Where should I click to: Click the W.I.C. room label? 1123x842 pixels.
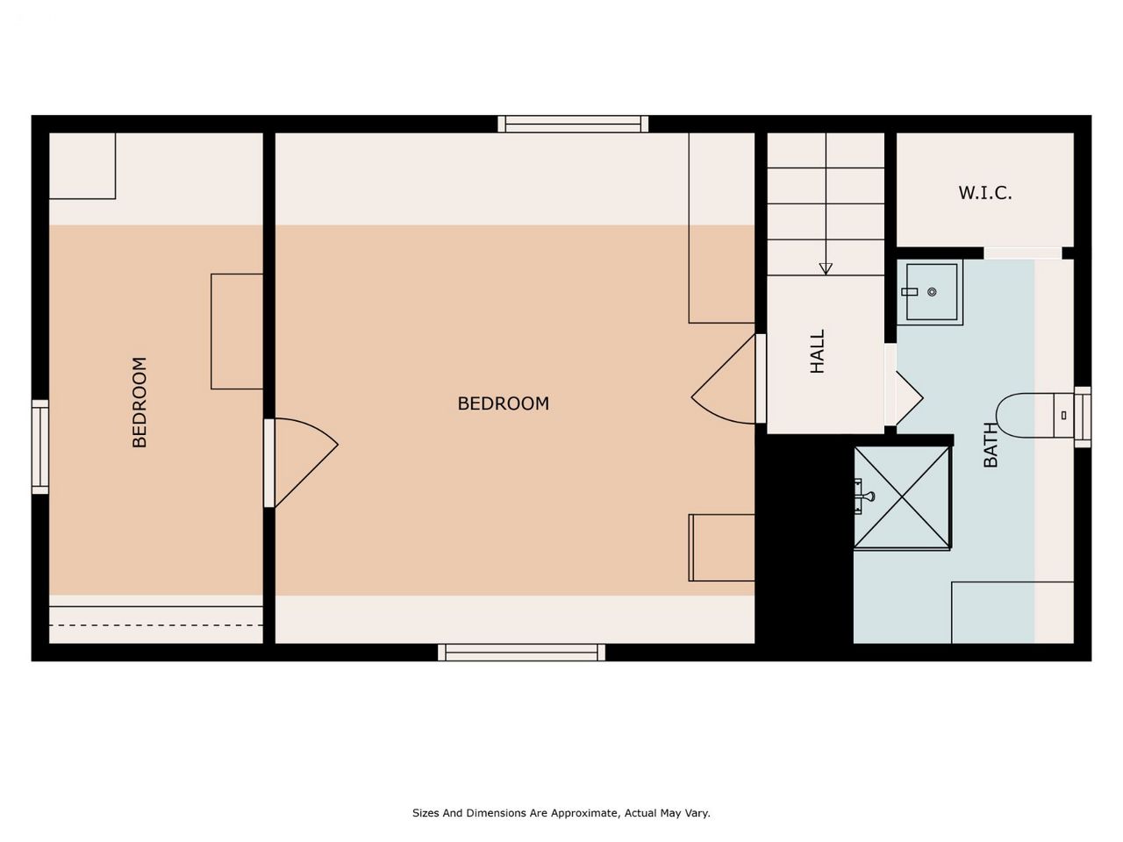tap(985, 193)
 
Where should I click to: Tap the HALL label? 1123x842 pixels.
tap(818, 351)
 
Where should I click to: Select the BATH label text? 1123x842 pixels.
tap(991, 445)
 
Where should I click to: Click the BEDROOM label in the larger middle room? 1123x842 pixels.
tap(504, 403)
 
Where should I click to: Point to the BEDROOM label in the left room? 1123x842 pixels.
tap(139, 403)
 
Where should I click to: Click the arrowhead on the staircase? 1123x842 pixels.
tap(826, 268)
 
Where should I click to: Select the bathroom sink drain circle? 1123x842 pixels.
tap(932, 292)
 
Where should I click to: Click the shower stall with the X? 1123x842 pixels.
tap(902, 497)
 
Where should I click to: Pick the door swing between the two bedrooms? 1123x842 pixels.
tap(301, 463)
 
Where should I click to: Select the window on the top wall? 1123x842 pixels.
tap(573, 125)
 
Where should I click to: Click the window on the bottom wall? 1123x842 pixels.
tap(521, 653)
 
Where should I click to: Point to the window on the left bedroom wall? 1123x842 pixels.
tap(40, 446)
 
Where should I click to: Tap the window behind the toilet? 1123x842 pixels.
tap(1082, 417)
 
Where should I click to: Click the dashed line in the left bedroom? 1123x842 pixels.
tap(156, 625)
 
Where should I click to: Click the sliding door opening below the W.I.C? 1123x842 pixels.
tap(1023, 253)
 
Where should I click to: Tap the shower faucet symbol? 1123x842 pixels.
tap(865, 496)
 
